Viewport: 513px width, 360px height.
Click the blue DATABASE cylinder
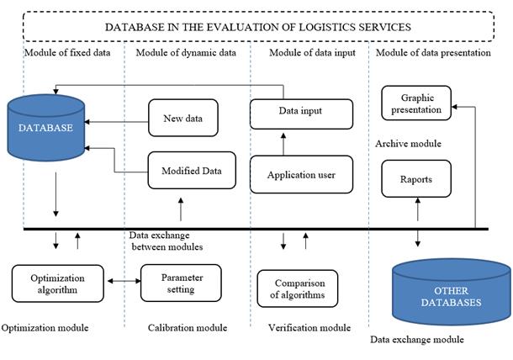tap(45, 128)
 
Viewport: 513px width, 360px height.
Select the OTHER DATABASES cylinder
tap(451, 292)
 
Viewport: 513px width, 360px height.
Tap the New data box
tap(183, 118)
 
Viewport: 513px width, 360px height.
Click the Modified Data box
tap(192, 170)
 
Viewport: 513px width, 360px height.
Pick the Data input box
tap(301, 114)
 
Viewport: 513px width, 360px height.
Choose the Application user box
tap(301, 174)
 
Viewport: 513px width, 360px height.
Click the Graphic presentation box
tap(416, 103)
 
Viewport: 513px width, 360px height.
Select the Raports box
tap(416, 178)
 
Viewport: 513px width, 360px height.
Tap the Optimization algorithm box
tap(57, 283)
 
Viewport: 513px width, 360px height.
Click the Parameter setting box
tap(181, 283)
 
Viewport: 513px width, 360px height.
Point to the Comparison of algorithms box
tap(298, 289)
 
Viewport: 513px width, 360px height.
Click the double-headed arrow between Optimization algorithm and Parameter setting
tap(124, 281)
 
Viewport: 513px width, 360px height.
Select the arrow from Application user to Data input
tap(283, 144)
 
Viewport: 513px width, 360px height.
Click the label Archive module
tap(408, 144)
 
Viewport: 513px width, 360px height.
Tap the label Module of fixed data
tap(67, 53)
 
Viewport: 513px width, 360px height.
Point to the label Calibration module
tap(188, 327)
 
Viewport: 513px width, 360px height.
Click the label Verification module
tap(309, 327)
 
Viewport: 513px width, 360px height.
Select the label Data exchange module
tap(417, 339)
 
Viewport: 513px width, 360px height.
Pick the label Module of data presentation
tap(433, 53)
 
